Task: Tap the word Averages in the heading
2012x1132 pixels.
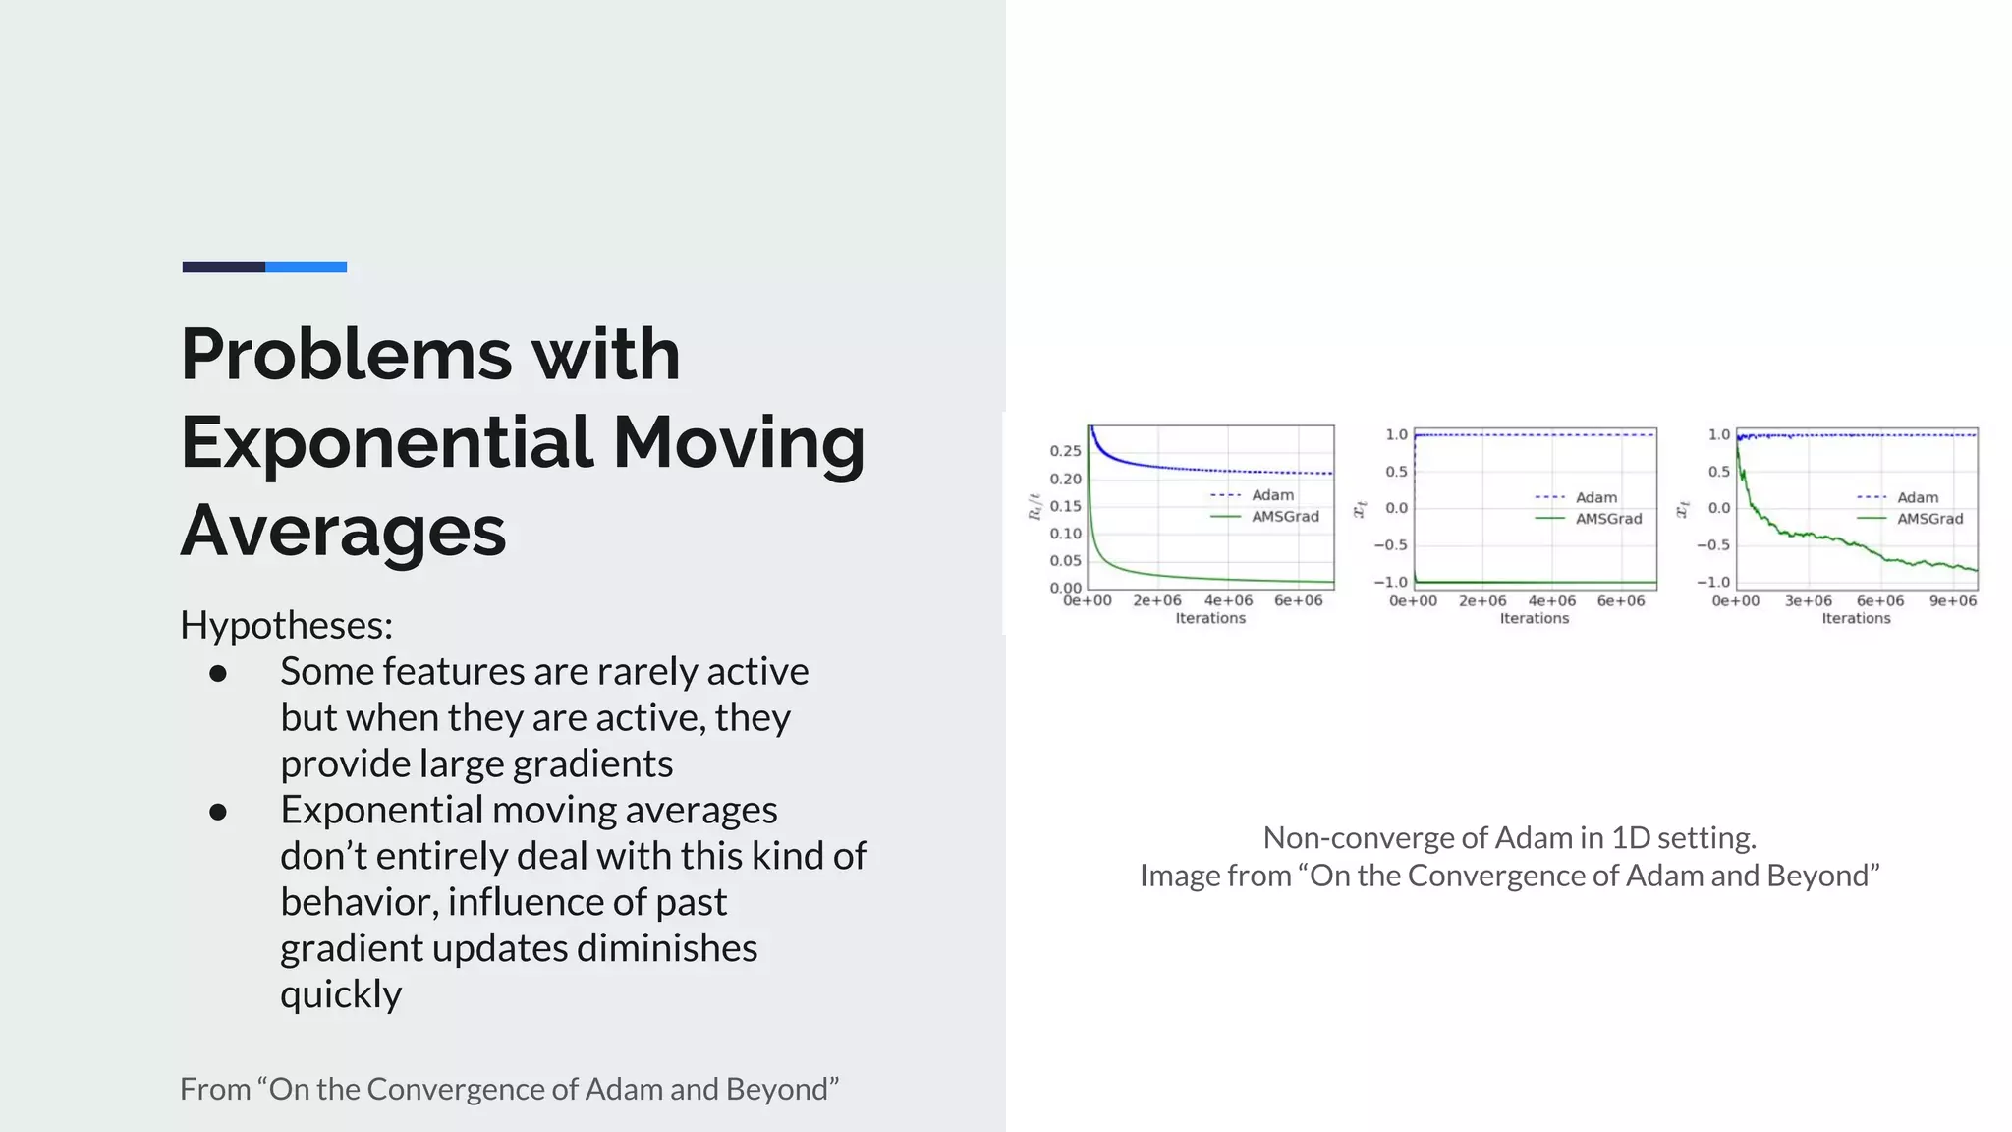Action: pos(343,531)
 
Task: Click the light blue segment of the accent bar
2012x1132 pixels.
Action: pos(306,267)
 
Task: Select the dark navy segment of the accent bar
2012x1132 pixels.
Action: pos(224,267)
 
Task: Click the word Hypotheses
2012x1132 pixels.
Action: pos(286,625)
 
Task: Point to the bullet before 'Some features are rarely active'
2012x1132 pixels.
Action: pos(218,673)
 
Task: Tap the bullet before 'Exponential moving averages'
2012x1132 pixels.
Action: pos(218,812)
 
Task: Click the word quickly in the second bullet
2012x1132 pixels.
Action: pos(341,994)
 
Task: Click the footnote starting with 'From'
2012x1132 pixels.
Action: pos(509,1089)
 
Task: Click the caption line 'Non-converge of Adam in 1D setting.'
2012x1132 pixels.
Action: pos(1509,837)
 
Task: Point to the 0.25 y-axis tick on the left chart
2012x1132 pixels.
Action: pos(1065,451)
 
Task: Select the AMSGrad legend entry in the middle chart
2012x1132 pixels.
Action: pos(1608,519)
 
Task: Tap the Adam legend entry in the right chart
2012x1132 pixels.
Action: pos(1917,498)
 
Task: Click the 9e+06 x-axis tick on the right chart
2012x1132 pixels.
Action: pos(1952,601)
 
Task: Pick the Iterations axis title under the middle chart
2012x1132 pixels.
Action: pos(1534,618)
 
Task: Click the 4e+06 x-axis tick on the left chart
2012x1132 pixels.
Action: pos(1228,601)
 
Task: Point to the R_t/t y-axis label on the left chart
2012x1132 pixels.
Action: pos(1034,507)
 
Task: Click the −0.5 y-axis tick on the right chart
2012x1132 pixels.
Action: pos(1713,545)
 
